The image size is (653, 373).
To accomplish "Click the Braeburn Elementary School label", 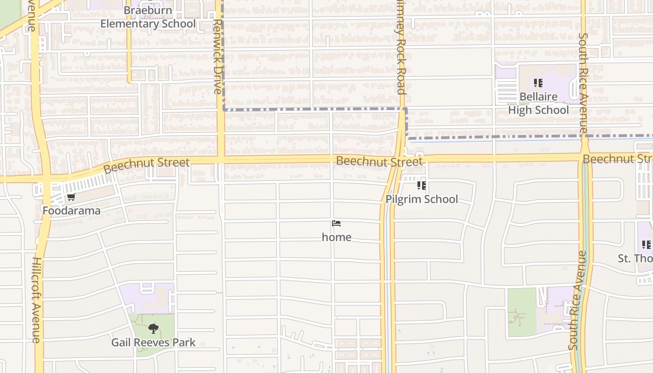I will click(x=148, y=17).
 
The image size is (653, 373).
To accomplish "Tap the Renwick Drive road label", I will click(x=218, y=56).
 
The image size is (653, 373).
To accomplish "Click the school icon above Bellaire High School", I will click(x=538, y=83).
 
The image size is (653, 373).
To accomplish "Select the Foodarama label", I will click(x=71, y=211).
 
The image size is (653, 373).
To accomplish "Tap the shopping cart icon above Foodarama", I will click(x=71, y=197).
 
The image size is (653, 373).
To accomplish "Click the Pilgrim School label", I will click(x=422, y=199).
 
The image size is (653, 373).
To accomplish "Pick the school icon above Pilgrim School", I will click(x=422, y=186).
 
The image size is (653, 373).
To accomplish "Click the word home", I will click(x=336, y=237).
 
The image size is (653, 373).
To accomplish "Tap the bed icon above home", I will click(x=336, y=223).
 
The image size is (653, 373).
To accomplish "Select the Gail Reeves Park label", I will click(x=153, y=343).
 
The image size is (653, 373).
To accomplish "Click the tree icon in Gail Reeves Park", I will click(x=153, y=329).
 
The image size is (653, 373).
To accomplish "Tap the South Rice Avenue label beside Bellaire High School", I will click(x=583, y=83).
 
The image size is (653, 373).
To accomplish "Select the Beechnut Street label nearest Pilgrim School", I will click(x=379, y=161).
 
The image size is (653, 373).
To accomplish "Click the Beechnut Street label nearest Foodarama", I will click(x=146, y=165).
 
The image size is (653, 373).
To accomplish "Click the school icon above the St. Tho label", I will click(x=646, y=244).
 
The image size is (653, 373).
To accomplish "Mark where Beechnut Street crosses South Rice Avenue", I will click(x=584, y=157).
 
